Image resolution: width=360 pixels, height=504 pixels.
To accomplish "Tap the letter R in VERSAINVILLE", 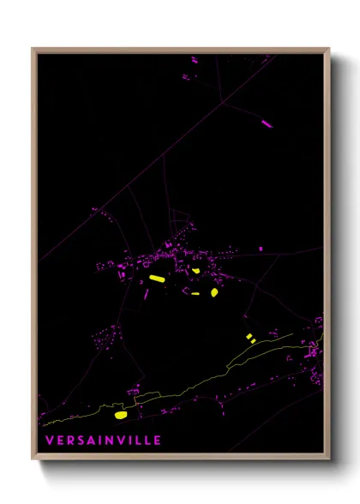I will pyautogui.click(x=66, y=441).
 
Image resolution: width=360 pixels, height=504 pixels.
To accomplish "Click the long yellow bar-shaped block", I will pyautogui.click(x=156, y=279).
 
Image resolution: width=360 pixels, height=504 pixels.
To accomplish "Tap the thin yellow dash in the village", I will pyautogui.click(x=196, y=293).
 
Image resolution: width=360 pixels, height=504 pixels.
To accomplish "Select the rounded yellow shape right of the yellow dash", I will pyautogui.click(x=213, y=292).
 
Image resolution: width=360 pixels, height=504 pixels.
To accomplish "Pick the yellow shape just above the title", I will pyautogui.click(x=120, y=415).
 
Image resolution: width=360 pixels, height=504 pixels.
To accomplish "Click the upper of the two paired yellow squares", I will pyautogui.click(x=249, y=336).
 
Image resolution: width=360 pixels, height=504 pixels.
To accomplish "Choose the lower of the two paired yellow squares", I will pyautogui.click(x=253, y=341).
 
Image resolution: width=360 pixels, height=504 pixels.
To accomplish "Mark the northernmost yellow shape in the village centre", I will pyautogui.click(x=195, y=271).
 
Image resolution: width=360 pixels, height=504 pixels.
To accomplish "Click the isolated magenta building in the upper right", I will pyautogui.click(x=267, y=123).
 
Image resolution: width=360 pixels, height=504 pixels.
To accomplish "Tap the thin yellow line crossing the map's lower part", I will pyautogui.click(x=214, y=378).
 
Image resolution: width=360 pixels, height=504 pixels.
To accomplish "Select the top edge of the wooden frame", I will pyautogui.click(x=180, y=50).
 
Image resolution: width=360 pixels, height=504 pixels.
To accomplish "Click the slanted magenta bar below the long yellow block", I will pyautogui.click(x=147, y=293).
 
